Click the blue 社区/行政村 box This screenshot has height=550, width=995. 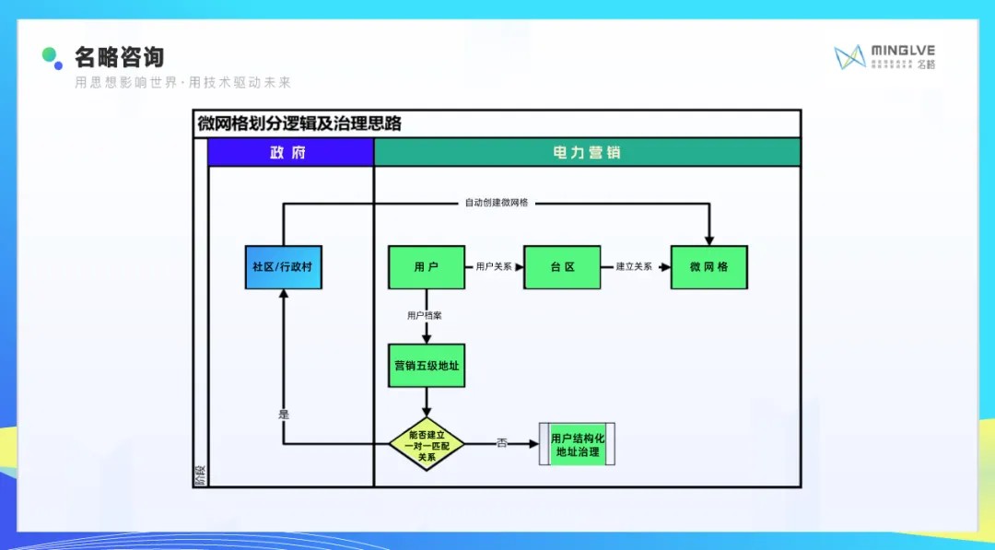click(283, 267)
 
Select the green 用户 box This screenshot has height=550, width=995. click(426, 267)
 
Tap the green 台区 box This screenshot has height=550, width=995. click(562, 267)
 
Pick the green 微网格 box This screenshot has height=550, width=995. click(708, 267)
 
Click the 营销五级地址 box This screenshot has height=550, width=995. click(426, 366)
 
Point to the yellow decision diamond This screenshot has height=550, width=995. click(426, 444)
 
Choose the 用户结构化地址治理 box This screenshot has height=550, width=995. click(577, 445)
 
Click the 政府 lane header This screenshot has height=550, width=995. click(290, 153)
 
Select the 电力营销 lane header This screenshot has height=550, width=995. click(587, 153)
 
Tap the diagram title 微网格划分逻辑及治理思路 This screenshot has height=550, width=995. click(299, 123)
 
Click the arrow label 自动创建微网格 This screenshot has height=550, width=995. click(497, 203)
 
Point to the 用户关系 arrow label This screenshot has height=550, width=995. click(494, 266)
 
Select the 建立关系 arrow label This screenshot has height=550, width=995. click(634, 266)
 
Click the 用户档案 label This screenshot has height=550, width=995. click(425, 315)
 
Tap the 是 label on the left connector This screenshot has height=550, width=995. click(284, 415)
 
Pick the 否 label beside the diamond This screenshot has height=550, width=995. click(502, 444)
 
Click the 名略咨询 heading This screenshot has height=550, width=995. click(120, 58)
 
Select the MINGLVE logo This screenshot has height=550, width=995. click(884, 57)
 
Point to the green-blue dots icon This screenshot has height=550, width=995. click(53, 58)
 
